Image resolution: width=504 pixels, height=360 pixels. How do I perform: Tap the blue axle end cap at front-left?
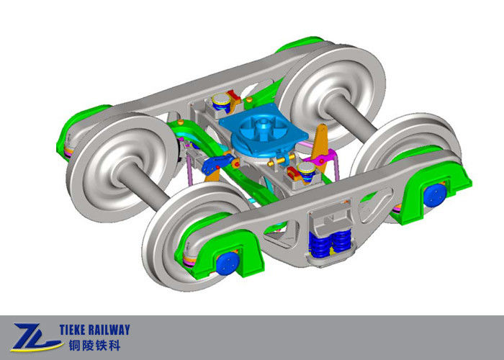coord(227,263)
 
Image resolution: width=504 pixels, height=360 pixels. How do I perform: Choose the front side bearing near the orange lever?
coord(306,171)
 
